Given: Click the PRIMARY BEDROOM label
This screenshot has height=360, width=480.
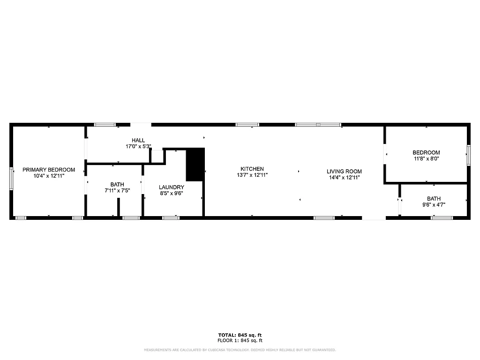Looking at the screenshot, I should (49, 170).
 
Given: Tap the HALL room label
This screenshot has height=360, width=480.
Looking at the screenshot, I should (138, 140).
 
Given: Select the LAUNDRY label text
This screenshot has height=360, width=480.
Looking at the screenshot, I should (171, 187).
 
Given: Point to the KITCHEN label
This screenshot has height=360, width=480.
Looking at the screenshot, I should (252, 169).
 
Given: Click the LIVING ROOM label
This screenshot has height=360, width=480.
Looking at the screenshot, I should (344, 172).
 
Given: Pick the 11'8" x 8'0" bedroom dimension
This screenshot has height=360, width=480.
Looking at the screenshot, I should (426, 158).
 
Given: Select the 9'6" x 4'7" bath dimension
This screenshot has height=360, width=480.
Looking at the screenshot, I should (434, 205).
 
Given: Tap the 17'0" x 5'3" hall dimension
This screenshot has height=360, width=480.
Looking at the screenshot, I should (138, 146).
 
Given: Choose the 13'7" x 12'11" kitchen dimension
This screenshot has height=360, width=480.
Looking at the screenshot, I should (252, 175).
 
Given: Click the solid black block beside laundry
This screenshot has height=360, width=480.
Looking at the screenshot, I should (195, 164).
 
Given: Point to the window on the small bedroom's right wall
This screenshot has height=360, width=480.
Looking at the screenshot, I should (468, 155).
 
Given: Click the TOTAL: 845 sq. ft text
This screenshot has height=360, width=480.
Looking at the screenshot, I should (240, 335).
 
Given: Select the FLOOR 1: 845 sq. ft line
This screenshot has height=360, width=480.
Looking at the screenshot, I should (240, 341).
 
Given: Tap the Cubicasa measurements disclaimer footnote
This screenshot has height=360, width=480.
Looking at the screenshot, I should (240, 350).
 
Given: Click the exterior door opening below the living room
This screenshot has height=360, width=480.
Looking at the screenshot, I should (374, 217).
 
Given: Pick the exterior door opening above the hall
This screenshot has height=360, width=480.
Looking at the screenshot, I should (141, 125).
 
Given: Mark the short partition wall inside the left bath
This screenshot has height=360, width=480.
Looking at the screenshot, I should (119, 207).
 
